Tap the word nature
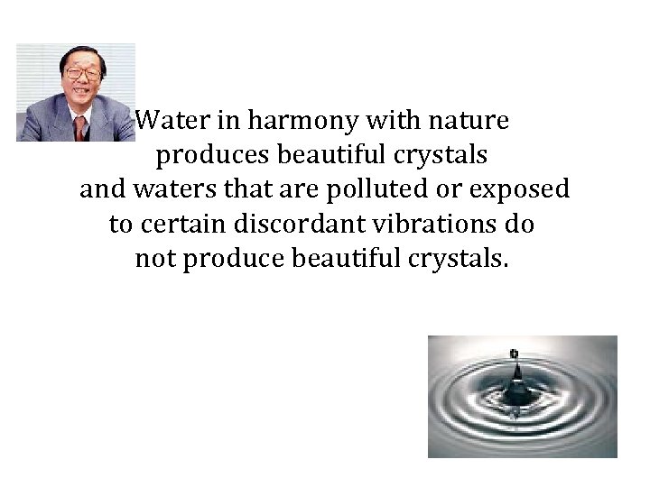(470, 121)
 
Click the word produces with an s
(213, 156)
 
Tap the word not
(154, 260)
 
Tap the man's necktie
(79, 129)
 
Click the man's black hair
(79, 52)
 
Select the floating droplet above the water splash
(514, 353)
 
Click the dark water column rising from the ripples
(516, 384)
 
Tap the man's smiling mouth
(80, 93)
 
